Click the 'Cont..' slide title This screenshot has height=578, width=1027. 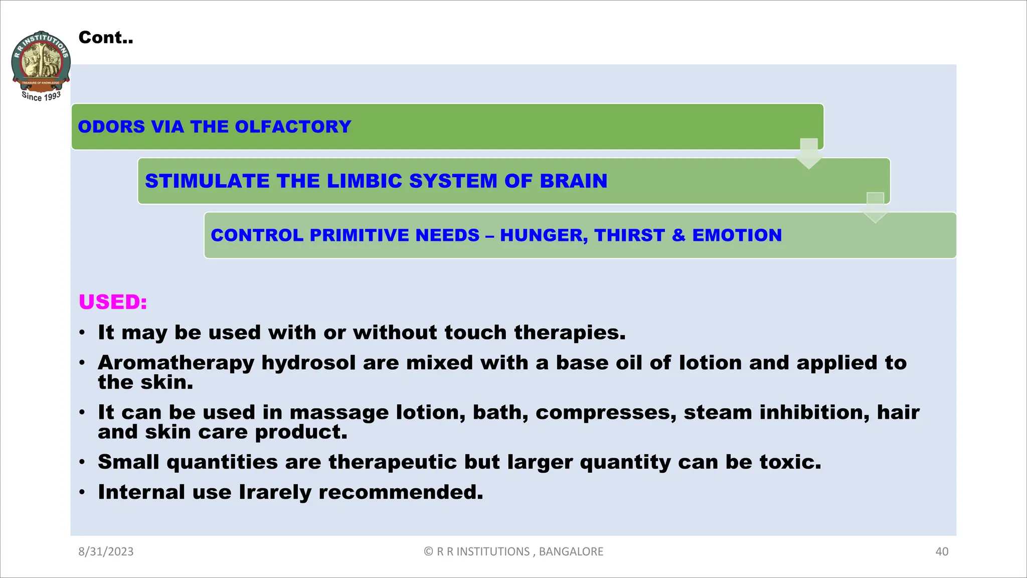(x=106, y=38)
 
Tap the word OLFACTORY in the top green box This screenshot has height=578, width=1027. (x=293, y=126)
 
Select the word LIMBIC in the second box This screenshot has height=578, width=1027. (x=364, y=181)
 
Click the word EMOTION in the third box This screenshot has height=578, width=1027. (x=737, y=235)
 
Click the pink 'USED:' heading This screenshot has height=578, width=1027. (x=113, y=302)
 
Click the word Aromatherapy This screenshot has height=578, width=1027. (x=176, y=363)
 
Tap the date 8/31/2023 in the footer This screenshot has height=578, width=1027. (x=106, y=551)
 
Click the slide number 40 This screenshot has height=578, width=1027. (x=941, y=551)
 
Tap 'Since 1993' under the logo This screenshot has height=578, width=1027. (x=41, y=96)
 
